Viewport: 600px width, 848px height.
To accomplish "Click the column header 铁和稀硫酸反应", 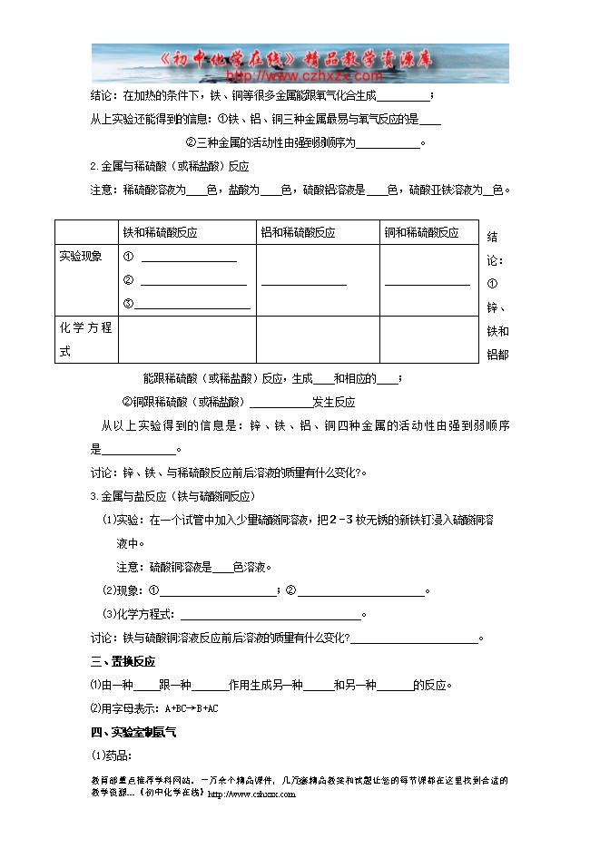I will (x=161, y=233).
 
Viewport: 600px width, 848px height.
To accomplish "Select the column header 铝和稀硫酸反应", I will (x=298, y=233).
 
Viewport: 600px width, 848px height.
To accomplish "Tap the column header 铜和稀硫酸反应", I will (x=421, y=233).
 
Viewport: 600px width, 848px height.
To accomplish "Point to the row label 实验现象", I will (x=81, y=257).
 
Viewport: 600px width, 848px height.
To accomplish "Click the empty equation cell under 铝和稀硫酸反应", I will (x=317, y=339).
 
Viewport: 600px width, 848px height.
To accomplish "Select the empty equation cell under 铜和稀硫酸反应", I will (x=428, y=339).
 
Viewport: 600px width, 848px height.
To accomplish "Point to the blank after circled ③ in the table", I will (x=194, y=307).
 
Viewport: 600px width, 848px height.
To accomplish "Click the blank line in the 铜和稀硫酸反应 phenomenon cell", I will (x=427, y=284).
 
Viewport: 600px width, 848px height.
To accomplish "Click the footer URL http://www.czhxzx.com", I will (x=251, y=794).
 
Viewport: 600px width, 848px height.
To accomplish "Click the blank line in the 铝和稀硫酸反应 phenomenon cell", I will (x=303, y=284).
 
